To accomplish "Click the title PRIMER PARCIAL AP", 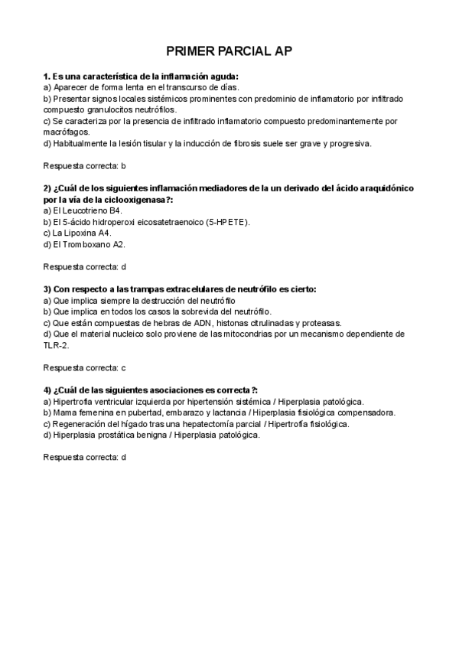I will (x=229, y=51).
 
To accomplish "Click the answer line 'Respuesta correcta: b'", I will (x=84, y=165).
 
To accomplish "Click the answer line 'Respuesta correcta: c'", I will (x=84, y=368).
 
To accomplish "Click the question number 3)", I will (x=47, y=289).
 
